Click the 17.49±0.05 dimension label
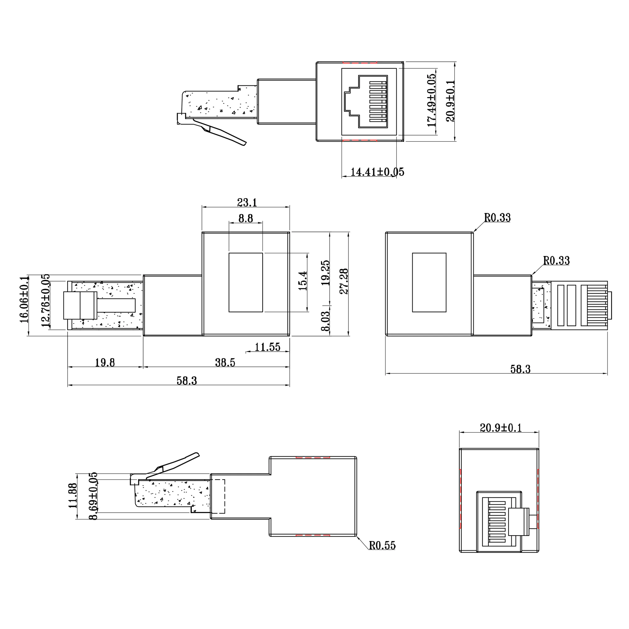tap(431, 100)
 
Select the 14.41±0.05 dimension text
tap(377, 172)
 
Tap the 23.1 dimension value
tap(247, 203)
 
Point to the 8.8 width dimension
tap(246, 218)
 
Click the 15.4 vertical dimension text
tap(303, 281)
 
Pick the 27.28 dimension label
tap(344, 281)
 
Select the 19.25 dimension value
tap(325, 273)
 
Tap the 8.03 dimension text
tap(325, 321)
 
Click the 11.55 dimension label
tap(267, 347)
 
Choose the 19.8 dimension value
tap(105, 362)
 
